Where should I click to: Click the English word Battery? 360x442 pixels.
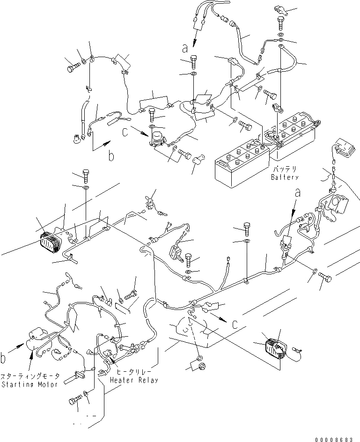284,178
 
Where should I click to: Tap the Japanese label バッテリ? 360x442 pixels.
284,169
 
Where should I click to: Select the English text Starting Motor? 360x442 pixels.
30,384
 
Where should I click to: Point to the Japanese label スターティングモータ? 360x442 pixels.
30,376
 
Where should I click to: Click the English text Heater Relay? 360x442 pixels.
134,380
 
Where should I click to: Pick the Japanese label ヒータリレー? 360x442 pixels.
134,372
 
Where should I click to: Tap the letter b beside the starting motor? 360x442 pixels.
4,359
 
